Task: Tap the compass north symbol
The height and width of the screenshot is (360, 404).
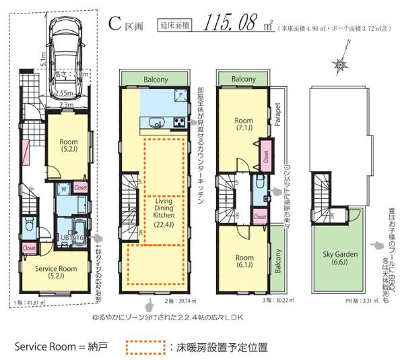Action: point(341,64)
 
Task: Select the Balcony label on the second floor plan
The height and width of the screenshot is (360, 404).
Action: point(156,79)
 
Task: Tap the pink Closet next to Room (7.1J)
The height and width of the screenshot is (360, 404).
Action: point(266,153)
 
